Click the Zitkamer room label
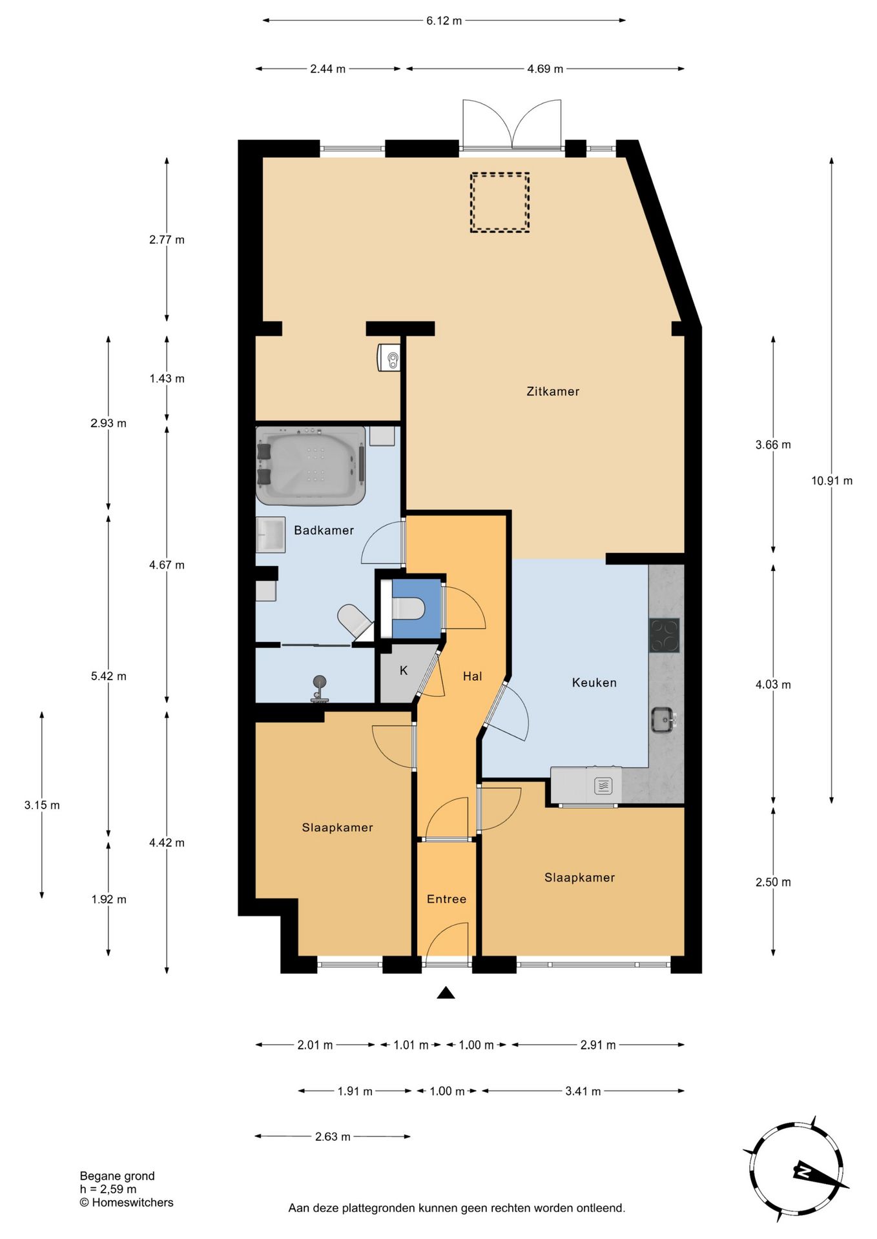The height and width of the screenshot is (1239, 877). click(x=553, y=391)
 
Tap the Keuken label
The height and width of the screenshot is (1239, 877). click(x=594, y=682)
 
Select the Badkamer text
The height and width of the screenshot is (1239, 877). click(x=324, y=530)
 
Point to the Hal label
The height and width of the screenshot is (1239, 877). click(x=472, y=676)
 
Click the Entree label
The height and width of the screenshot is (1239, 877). click(x=446, y=898)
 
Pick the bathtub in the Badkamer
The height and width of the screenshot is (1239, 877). click(x=311, y=465)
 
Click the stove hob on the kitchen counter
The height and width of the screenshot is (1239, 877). click(x=665, y=636)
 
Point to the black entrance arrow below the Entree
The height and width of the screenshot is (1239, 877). click(x=446, y=992)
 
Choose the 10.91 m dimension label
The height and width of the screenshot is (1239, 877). click(x=832, y=480)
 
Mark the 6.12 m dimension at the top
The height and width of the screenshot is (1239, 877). click(x=444, y=20)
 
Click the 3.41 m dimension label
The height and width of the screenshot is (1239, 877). click(x=583, y=1091)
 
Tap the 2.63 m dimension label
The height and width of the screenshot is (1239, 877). click(x=333, y=1136)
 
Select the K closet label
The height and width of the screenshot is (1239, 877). click(x=404, y=670)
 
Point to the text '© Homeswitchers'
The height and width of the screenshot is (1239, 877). click(x=127, y=1202)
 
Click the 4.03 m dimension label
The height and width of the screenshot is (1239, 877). click(x=773, y=684)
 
